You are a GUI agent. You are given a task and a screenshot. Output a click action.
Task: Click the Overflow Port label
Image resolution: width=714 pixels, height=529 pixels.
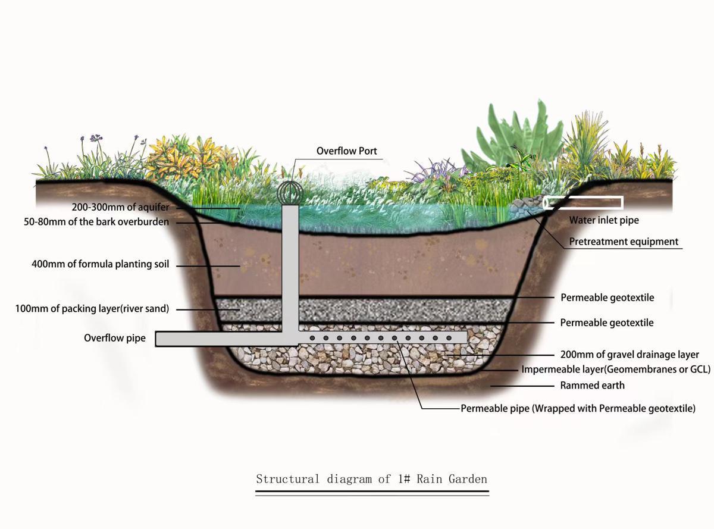[346, 151]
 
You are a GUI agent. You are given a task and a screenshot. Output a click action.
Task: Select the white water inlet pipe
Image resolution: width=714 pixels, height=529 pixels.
[584, 203]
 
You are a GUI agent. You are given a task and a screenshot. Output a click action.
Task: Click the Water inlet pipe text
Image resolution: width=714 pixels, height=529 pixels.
[604, 220]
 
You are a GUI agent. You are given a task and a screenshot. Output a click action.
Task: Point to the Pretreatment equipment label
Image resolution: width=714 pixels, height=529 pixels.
[624, 242]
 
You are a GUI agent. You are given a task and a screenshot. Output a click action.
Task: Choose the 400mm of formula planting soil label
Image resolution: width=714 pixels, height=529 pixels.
[100, 264]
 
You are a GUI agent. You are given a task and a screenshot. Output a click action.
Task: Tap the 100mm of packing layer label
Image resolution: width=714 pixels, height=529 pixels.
[92, 309]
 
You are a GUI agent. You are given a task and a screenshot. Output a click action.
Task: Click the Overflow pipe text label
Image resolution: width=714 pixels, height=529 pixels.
[115, 338]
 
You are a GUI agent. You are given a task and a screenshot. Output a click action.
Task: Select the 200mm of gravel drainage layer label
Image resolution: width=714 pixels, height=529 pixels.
[630, 355]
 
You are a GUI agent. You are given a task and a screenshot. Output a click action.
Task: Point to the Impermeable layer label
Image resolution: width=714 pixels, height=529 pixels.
[616, 370]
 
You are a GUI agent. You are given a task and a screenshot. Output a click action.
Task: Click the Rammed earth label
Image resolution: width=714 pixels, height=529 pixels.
[592, 385]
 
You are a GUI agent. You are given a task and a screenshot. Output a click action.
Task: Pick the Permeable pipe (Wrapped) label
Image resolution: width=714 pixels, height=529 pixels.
[578, 408]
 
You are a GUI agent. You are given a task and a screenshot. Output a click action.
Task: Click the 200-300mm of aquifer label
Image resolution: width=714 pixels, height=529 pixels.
[121, 207]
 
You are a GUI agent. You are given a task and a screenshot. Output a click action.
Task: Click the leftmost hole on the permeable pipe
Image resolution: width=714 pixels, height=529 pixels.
[312, 338]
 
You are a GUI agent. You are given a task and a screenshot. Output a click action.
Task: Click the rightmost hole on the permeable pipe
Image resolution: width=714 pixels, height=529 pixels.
[449, 338]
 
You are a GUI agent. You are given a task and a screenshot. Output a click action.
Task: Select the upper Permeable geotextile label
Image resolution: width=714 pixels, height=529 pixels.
[607, 298]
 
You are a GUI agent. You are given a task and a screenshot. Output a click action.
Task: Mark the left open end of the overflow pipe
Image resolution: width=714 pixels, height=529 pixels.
[158, 338]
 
